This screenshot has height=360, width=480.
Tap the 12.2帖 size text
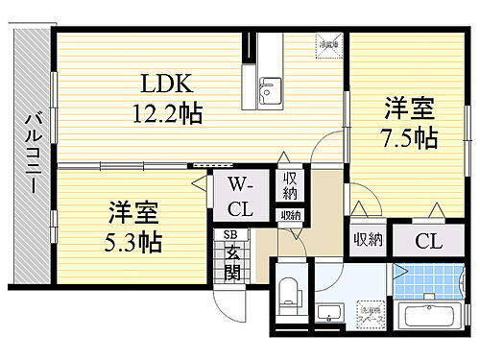click(x=166, y=114)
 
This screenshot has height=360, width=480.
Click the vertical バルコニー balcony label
click(x=28, y=153)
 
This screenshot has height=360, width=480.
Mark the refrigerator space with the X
click(x=327, y=43)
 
